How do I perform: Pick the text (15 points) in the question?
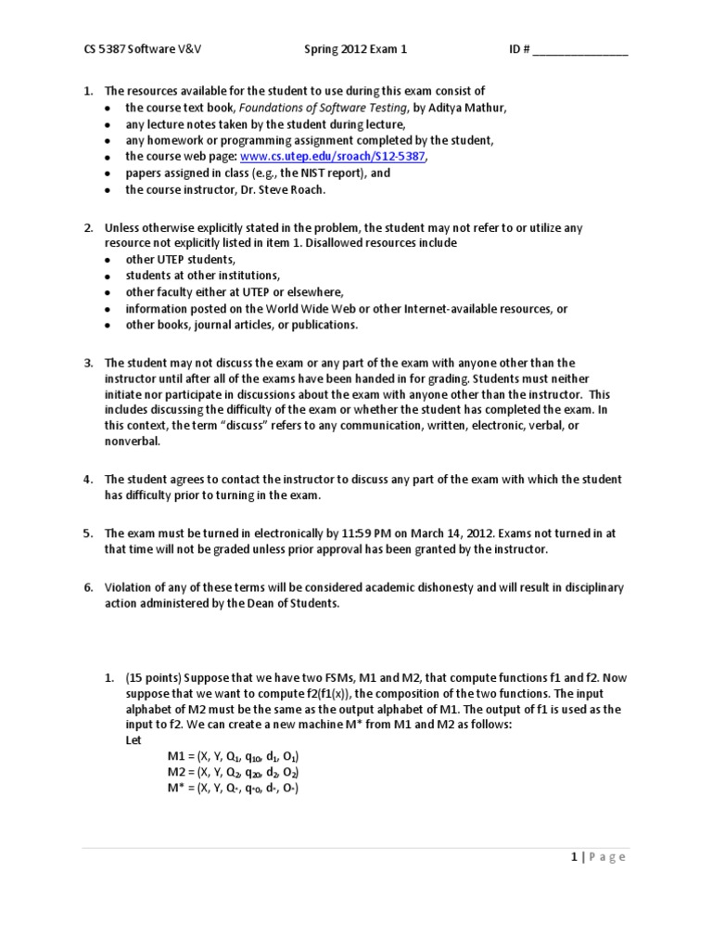155,678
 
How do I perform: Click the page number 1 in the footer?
574,856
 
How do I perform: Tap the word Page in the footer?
606,856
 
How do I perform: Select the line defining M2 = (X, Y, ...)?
233,773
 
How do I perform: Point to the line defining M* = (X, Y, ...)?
233,789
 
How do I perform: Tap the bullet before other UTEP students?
108,261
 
